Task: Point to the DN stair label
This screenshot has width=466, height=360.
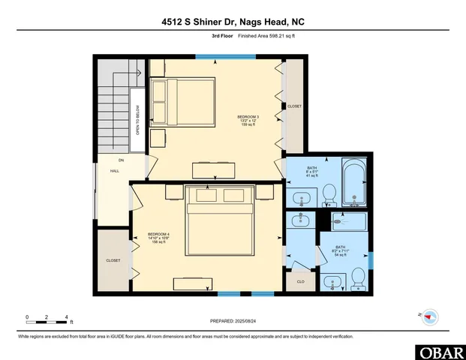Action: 121,160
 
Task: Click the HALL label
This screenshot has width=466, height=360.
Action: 115,171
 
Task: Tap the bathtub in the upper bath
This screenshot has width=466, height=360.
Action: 353,182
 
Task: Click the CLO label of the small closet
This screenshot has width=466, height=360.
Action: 300,283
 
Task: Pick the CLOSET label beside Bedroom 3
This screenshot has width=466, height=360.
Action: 294,106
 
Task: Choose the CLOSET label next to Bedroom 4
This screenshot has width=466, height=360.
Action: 113,260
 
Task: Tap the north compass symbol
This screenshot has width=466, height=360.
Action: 429,316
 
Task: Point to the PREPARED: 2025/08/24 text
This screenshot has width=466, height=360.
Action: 233,321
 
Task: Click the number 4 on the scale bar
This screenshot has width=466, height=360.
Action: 68,316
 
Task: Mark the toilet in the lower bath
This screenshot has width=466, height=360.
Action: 357,280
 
